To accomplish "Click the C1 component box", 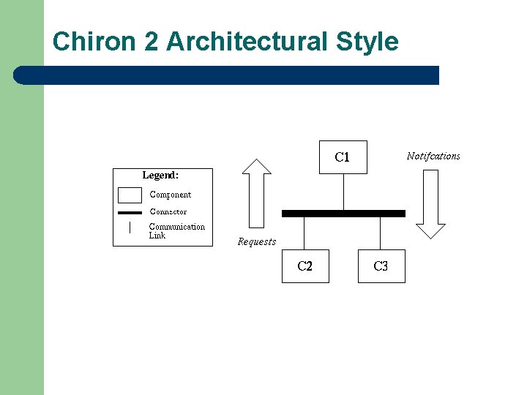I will point(343,157).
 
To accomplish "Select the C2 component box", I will point(305,266).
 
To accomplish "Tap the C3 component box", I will point(381,266).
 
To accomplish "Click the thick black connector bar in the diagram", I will point(343,214).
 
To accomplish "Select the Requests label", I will point(257,242).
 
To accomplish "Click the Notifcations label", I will point(433,156).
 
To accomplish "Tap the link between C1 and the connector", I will point(343,192).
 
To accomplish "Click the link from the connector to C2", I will point(304,233).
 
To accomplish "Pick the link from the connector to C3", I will point(381,233).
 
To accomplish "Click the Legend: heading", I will point(160,176).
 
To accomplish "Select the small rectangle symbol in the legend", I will point(130,195).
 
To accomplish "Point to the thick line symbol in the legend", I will point(130,212).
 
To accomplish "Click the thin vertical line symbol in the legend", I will point(130,227).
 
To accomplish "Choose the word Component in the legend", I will point(171,195).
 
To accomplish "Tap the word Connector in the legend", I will point(168,212).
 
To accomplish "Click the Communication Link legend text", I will point(176,231).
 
